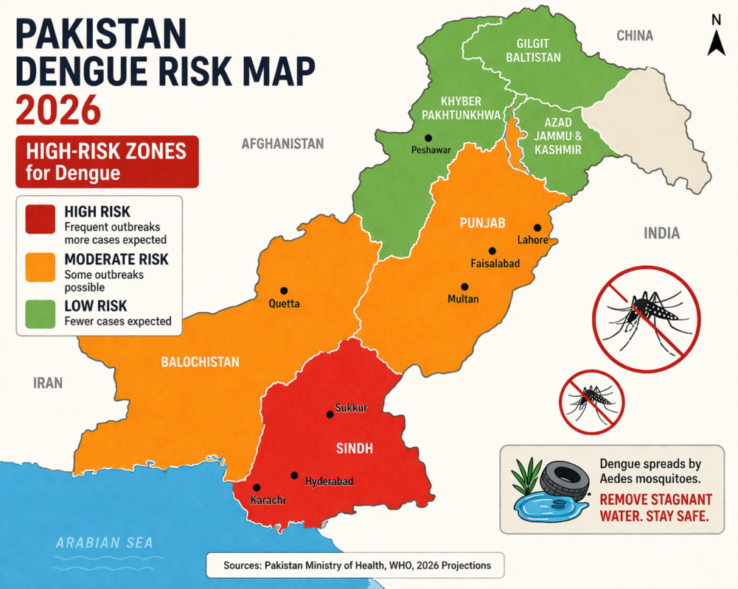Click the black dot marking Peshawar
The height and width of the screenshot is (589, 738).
(428, 138)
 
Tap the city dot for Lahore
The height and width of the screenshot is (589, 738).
(537, 228)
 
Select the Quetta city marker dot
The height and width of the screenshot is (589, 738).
(283, 291)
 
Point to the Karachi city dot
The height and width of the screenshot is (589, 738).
(257, 487)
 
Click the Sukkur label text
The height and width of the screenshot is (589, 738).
(351, 407)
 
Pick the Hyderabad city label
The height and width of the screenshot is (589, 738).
(329, 482)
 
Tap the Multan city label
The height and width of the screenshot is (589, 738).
(463, 299)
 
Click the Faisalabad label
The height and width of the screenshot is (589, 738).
(495, 263)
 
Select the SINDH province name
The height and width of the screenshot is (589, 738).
(355, 448)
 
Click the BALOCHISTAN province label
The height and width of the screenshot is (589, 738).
(201, 361)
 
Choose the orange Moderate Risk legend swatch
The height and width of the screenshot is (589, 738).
(41, 267)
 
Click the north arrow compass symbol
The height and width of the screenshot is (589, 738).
(715, 37)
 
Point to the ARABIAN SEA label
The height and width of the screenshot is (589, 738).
(105, 543)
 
